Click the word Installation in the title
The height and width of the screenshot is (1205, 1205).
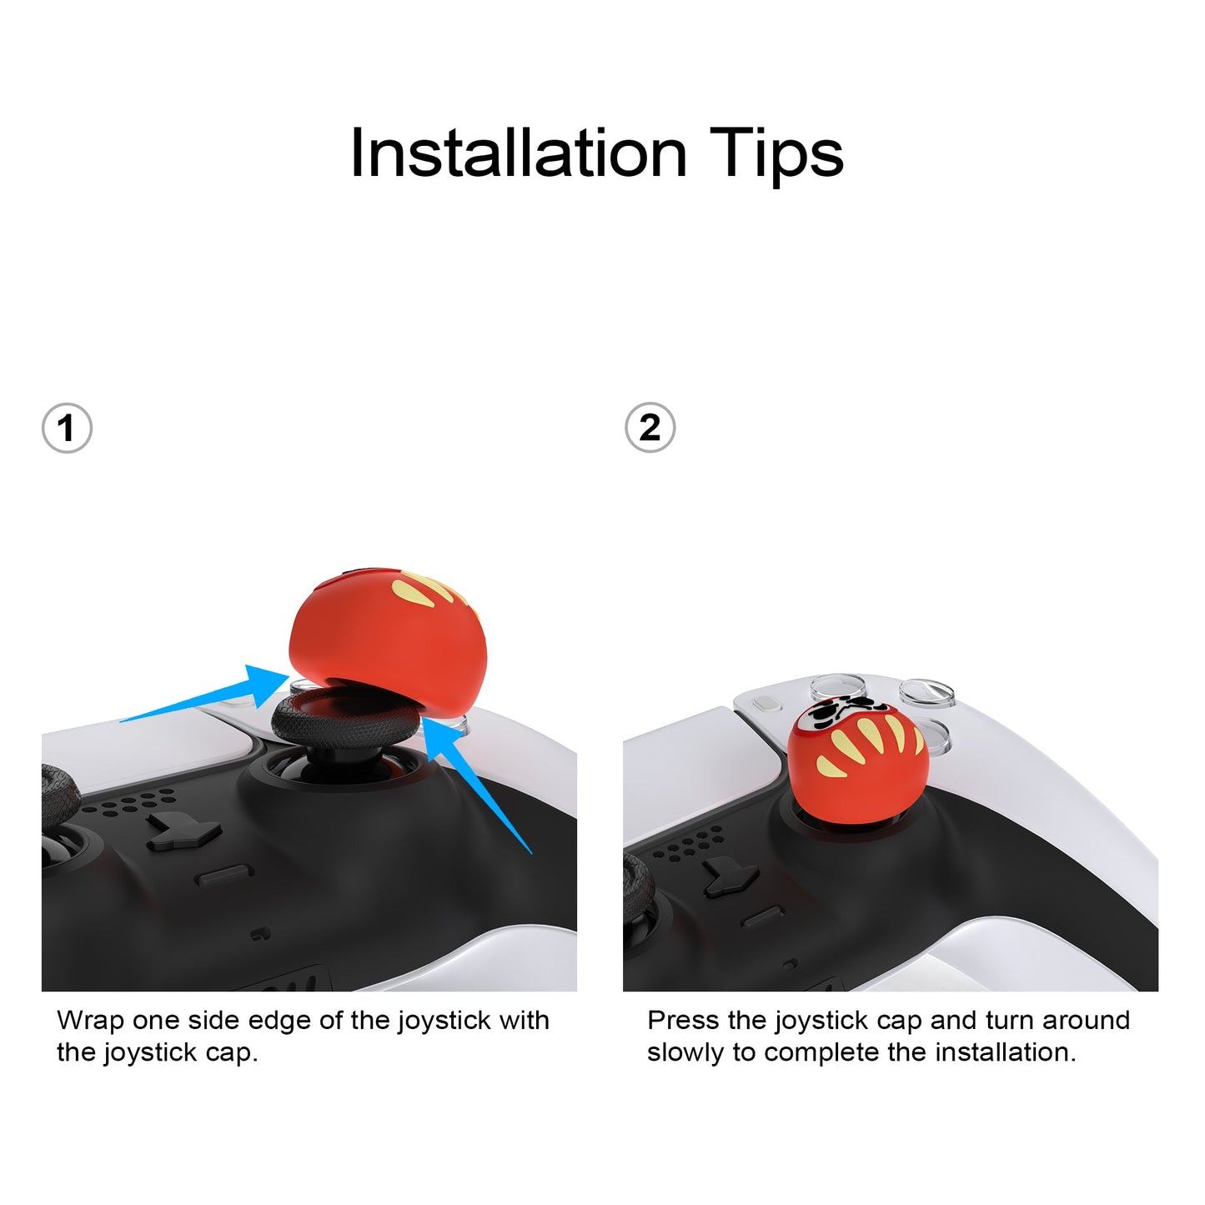(x=519, y=153)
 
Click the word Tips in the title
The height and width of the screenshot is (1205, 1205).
(x=777, y=157)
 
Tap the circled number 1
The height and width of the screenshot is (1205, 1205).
(x=67, y=429)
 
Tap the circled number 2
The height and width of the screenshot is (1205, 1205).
(x=650, y=428)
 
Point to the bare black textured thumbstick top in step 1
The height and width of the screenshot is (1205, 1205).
(x=343, y=717)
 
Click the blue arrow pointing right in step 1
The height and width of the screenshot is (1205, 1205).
(x=206, y=695)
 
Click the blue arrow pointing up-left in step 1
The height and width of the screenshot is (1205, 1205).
(x=475, y=784)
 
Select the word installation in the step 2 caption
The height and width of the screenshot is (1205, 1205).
(x=1006, y=1052)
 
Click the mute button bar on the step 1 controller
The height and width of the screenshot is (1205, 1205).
(x=224, y=875)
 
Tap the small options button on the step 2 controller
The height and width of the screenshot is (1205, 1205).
(x=767, y=704)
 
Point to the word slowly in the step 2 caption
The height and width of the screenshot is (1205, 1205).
(x=686, y=1053)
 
